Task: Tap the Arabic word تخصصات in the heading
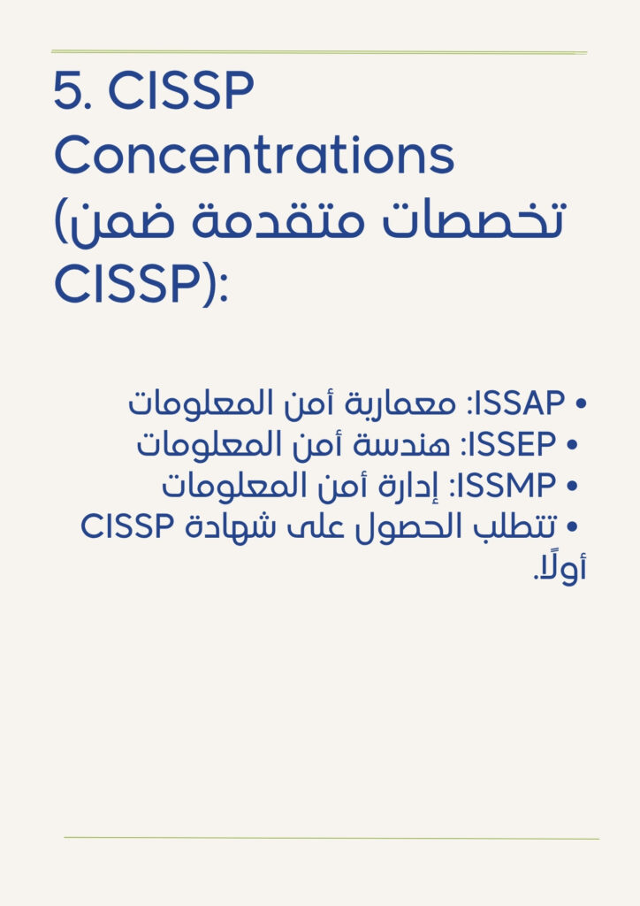pyautogui.click(x=472, y=219)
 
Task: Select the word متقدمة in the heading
pyautogui.click(x=278, y=220)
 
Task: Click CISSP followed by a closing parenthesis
pyautogui.click(x=141, y=284)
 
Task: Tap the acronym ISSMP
pyautogui.click(x=507, y=485)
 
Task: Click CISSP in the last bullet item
pyautogui.click(x=127, y=526)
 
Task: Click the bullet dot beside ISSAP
pyautogui.click(x=581, y=403)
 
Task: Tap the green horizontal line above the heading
pyautogui.click(x=319, y=52)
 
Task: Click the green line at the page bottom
pyautogui.click(x=331, y=838)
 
